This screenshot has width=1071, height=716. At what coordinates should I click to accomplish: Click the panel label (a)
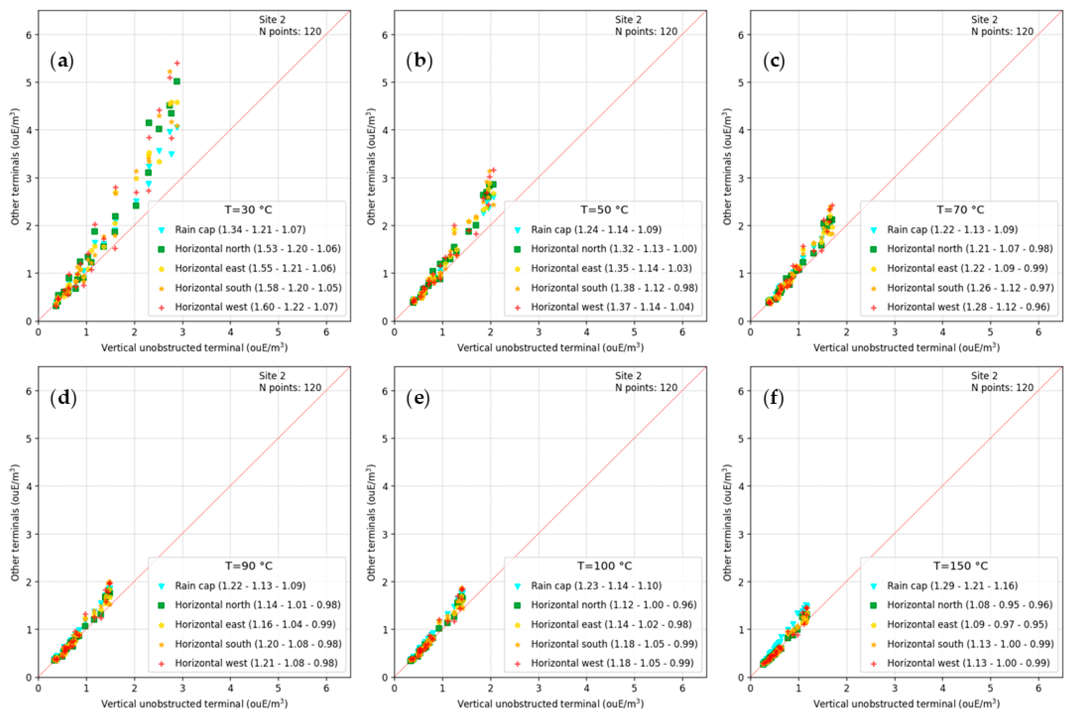pyautogui.click(x=62, y=61)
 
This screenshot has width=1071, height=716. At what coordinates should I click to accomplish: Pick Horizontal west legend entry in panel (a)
pyautogui.click(x=256, y=307)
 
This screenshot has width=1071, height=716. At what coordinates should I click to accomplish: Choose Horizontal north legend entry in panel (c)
pyautogui.click(x=970, y=249)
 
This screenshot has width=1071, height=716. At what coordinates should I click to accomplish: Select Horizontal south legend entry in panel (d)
pyautogui.click(x=258, y=644)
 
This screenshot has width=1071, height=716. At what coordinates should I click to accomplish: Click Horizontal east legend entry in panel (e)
pyautogui.click(x=611, y=624)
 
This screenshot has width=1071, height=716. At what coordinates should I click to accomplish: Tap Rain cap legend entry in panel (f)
pyautogui.click(x=952, y=585)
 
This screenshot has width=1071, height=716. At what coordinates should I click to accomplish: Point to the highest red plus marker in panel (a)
pyautogui.click(x=177, y=63)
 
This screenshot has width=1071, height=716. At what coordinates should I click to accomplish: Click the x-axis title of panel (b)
pyautogui.click(x=550, y=348)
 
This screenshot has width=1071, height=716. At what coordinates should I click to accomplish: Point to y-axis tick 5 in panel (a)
pyautogui.click(x=29, y=83)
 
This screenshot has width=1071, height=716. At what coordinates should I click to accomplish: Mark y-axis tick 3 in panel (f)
pyautogui.click(x=741, y=534)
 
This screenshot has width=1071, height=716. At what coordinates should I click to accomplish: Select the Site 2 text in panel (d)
pyautogui.click(x=272, y=375)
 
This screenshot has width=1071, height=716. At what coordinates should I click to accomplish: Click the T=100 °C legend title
pyautogui.click(x=604, y=566)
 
